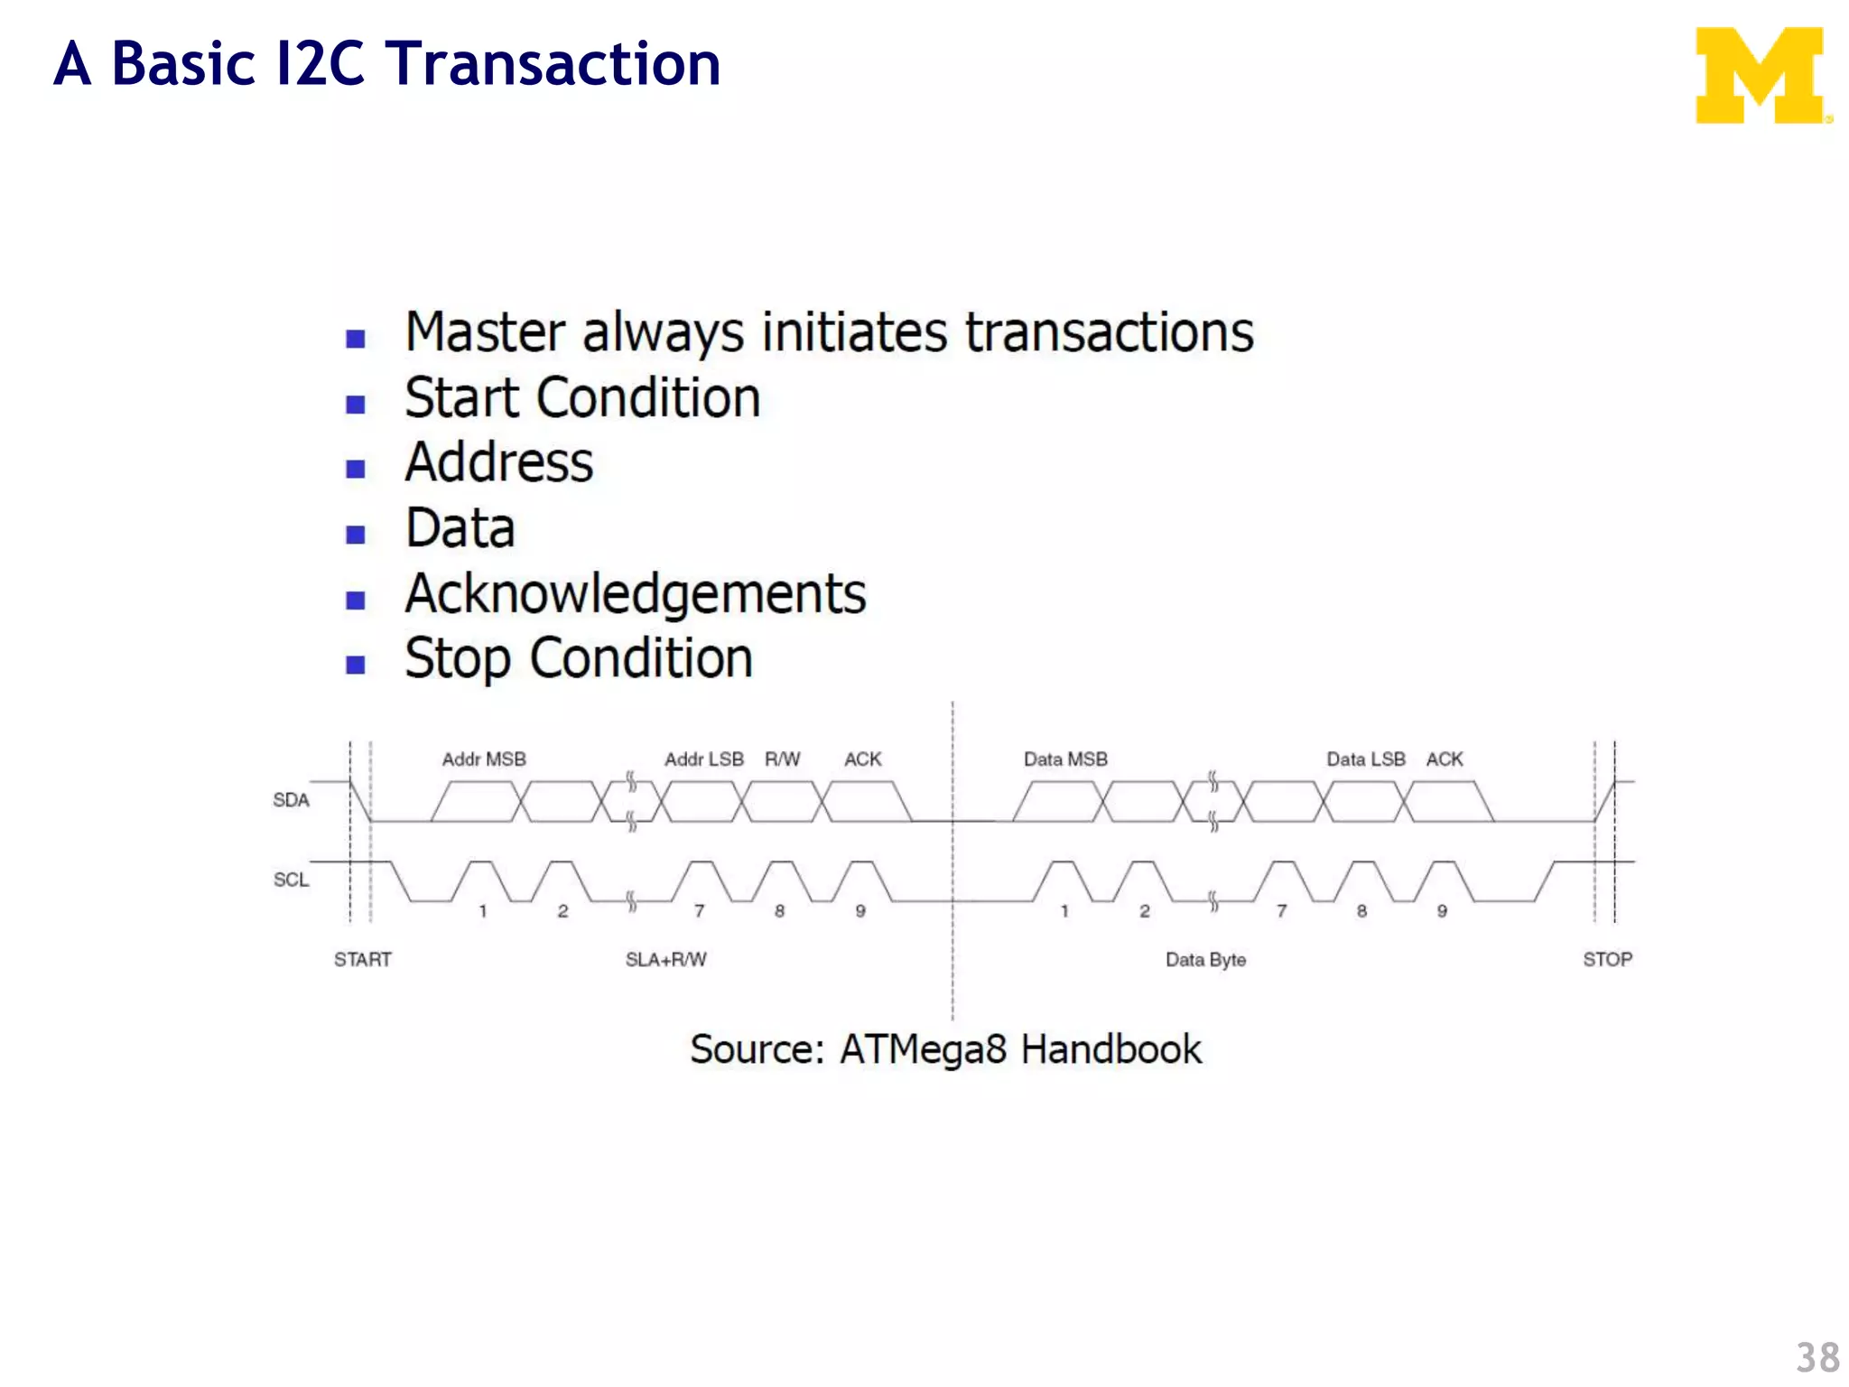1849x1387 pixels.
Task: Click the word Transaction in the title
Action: [553, 64]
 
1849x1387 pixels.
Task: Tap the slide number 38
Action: [1816, 1357]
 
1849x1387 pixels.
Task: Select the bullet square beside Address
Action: [356, 469]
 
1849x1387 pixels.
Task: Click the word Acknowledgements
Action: [635, 594]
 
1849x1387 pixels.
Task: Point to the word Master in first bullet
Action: [485, 332]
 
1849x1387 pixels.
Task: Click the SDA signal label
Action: [291, 800]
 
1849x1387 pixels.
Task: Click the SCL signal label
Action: [291, 880]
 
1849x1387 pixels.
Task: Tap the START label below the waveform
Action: [363, 959]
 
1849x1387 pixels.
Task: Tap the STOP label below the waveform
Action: [1607, 959]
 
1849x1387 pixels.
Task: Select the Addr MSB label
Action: [484, 759]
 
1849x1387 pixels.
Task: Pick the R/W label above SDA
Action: [782, 759]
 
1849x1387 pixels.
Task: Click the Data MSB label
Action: [1065, 759]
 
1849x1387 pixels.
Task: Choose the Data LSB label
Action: [1365, 759]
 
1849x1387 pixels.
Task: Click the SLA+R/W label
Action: [666, 959]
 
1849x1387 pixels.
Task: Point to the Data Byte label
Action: [1205, 959]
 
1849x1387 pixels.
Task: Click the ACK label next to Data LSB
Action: [1444, 759]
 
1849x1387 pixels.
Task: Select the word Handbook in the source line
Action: [1110, 1049]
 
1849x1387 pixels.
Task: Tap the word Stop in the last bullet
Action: [457, 658]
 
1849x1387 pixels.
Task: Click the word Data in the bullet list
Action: [460, 528]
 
